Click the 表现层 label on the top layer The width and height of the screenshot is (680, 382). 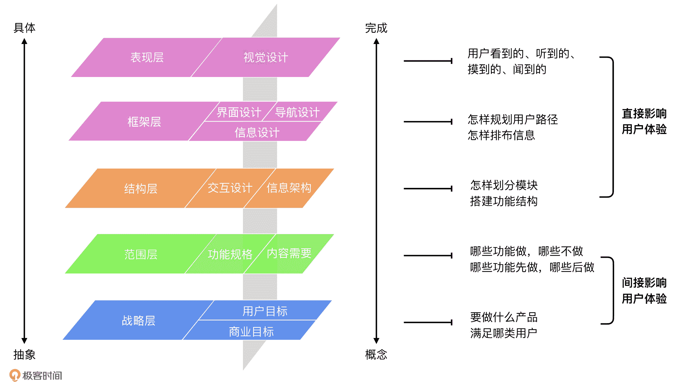pyautogui.click(x=147, y=57)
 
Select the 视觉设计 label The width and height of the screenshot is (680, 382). pyautogui.click(x=266, y=57)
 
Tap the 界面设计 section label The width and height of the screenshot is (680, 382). pyautogui.click(x=239, y=112)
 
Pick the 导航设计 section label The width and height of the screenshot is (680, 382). pyautogui.click(x=297, y=112)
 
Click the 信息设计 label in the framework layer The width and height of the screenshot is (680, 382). pyautogui.click(x=257, y=132)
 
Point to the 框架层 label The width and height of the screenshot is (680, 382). pyautogui.click(x=144, y=122)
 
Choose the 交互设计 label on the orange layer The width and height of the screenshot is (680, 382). pyautogui.click(x=230, y=188)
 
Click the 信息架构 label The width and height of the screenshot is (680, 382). pyautogui.click(x=289, y=188)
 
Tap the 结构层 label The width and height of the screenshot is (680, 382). pyautogui.click(x=141, y=189)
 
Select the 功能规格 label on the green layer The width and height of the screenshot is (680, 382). pyautogui.click(x=230, y=254)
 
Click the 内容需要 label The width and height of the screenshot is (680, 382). pyautogui.click(x=289, y=253)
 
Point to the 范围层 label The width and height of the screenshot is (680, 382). pyautogui.click(x=141, y=254)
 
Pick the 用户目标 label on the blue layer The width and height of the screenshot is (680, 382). pyautogui.click(x=265, y=311)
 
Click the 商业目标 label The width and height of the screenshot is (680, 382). pyautogui.click(x=251, y=332)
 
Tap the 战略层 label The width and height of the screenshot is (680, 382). pyautogui.click(x=138, y=321)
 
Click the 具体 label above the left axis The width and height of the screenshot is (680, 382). pyautogui.click(x=24, y=28)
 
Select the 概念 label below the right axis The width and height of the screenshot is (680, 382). pyautogui.click(x=376, y=355)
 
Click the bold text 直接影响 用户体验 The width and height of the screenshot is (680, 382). pyautogui.click(x=644, y=121)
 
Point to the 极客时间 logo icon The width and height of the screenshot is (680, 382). pyautogui.click(x=15, y=375)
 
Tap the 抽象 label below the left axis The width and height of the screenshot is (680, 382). pyautogui.click(x=24, y=355)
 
